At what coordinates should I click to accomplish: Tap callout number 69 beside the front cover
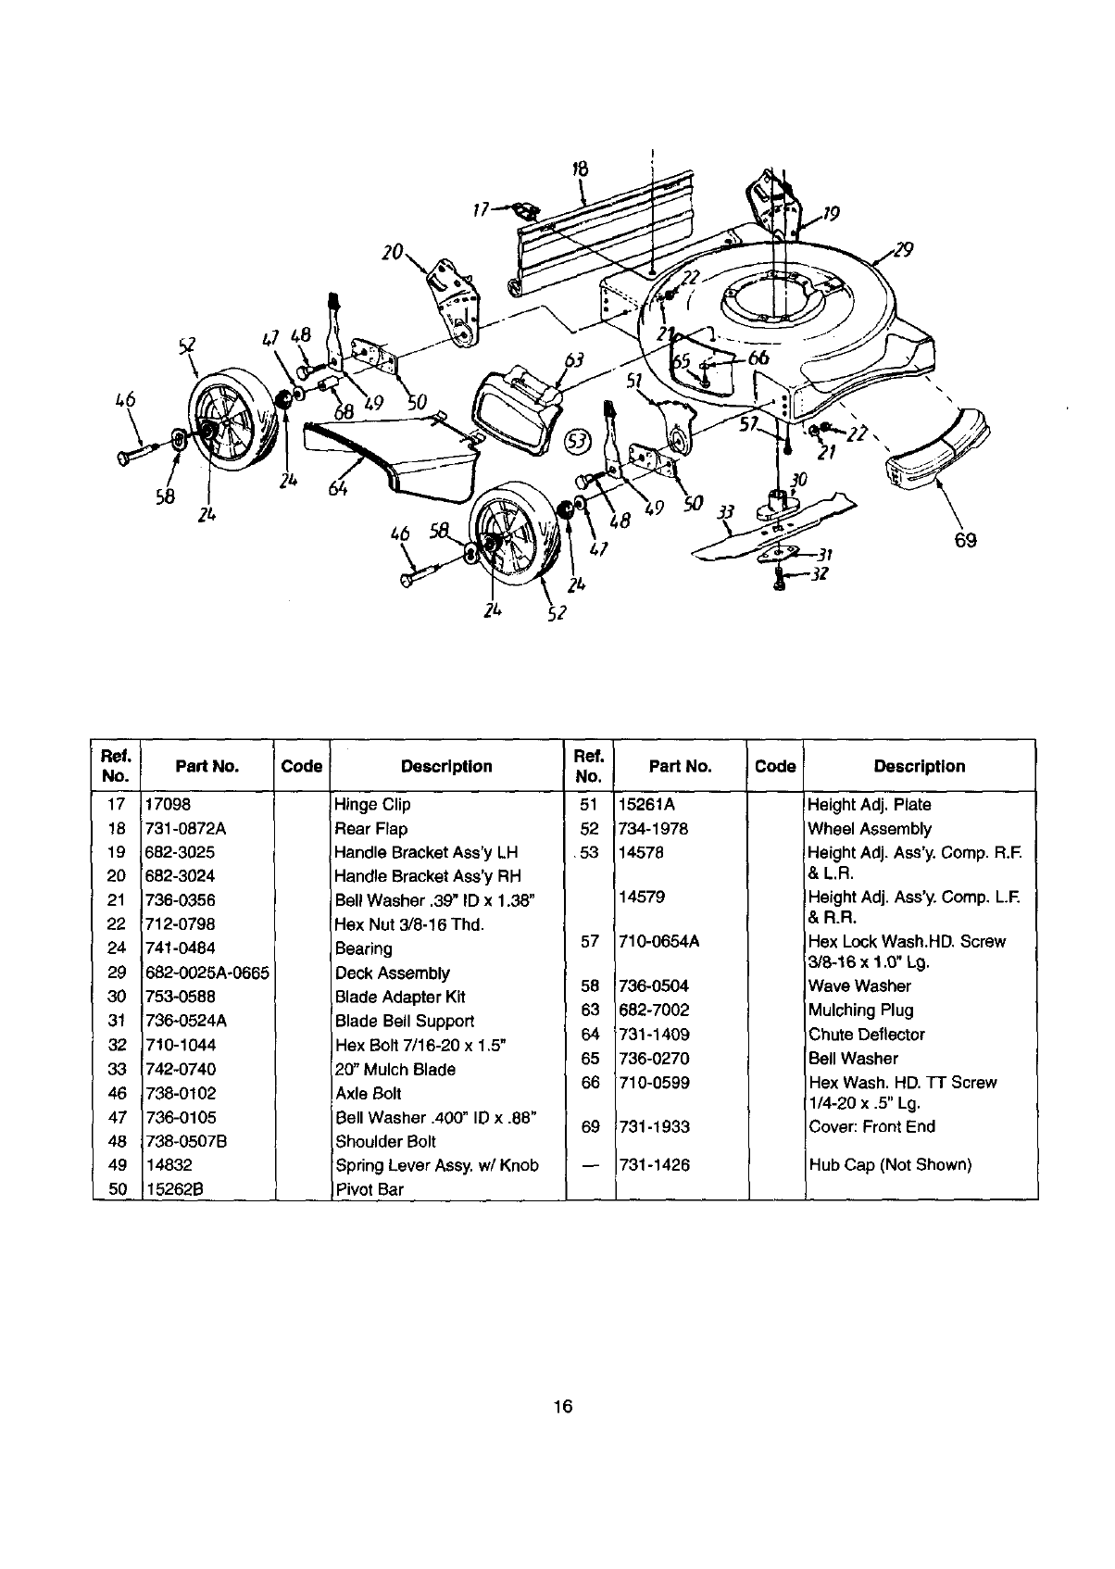965,540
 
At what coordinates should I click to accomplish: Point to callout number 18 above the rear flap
580,169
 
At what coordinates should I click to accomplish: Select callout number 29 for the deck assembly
904,249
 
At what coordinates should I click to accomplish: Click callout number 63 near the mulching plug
574,360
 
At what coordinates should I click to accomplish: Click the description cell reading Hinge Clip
372,805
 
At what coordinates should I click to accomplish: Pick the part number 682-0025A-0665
207,973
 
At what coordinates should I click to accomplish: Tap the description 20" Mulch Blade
395,1069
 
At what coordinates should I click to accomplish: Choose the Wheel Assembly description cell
870,829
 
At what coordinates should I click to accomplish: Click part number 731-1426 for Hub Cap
655,1165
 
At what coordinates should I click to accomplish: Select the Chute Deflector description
867,1035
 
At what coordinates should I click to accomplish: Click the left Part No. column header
207,766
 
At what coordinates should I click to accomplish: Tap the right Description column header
919,766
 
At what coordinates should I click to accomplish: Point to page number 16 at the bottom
562,1407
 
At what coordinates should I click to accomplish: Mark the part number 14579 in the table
641,897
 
